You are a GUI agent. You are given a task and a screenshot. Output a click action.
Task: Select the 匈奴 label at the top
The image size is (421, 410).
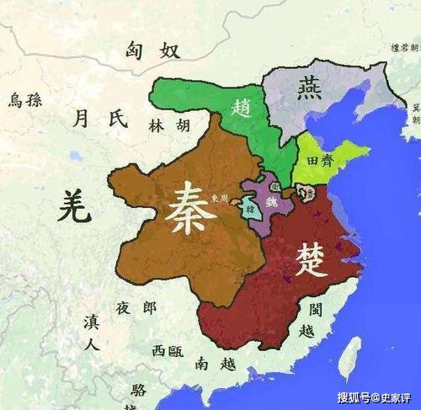[153, 51]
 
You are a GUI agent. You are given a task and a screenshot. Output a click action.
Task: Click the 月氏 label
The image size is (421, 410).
[100, 119]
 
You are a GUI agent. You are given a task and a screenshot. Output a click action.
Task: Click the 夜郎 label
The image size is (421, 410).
[136, 308]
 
